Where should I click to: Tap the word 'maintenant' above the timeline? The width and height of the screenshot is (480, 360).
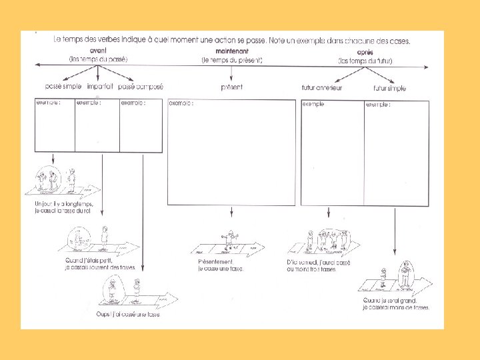pos(232,51)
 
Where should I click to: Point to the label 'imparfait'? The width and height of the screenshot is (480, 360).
pos(100,87)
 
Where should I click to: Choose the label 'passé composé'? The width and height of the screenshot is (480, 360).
pos(140,87)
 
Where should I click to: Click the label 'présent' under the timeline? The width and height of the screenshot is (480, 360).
pos(231,87)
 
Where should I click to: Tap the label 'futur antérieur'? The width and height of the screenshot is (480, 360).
pos(322,88)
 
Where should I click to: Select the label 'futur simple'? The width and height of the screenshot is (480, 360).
pos(390,88)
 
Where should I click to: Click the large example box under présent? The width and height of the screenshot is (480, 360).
pos(231,153)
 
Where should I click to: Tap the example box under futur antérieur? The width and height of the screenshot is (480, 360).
pos(331,153)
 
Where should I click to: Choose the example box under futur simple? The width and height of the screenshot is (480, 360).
pos(396,153)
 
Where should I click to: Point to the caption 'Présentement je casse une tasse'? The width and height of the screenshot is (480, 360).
pos(220,265)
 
